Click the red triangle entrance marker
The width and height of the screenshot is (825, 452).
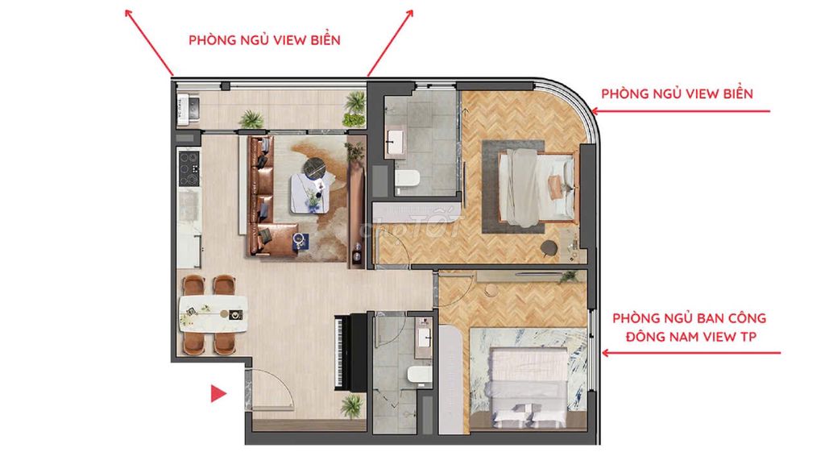[x=218, y=393]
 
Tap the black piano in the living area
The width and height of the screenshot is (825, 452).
[x=350, y=352]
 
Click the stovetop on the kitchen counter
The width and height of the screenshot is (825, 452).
[x=189, y=168]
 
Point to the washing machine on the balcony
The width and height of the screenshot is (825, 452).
[x=189, y=109]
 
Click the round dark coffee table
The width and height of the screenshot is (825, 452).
[x=315, y=168]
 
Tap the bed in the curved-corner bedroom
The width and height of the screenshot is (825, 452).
[x=537, y=187]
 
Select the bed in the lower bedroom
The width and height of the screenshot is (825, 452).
[x=529, y=387]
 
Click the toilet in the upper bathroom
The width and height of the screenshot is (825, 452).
[x=407, y=180]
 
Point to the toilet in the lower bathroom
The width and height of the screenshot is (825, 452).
[x=420, y=375]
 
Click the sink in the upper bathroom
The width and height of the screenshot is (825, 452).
[x=394, y=141]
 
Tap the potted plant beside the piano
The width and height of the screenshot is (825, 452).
[x=351, y=406]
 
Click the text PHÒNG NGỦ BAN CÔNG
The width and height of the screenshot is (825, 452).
[x=690, y=318]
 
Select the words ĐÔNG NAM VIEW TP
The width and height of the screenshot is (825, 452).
[x=690, y=337]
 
